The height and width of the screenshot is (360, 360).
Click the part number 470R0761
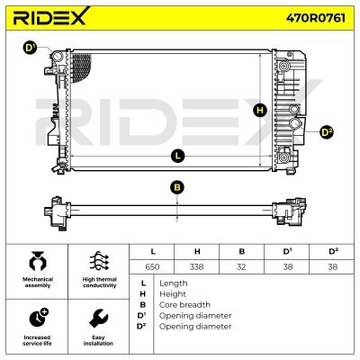[x=316, y=18]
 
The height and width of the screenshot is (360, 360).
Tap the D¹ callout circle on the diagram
[x=30, y=49]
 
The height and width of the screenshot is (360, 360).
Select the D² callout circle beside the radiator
[x=327, y=132]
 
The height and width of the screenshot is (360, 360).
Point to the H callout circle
[x=260, y=110]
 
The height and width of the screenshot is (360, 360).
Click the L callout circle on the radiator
[x=178, y=156]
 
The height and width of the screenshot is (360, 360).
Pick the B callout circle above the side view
[x=177, y=188]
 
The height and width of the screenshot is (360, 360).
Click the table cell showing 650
[x=152, y=266]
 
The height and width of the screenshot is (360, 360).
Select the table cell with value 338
[x=197, y=266]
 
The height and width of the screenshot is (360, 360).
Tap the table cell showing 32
[x=241, y=266]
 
